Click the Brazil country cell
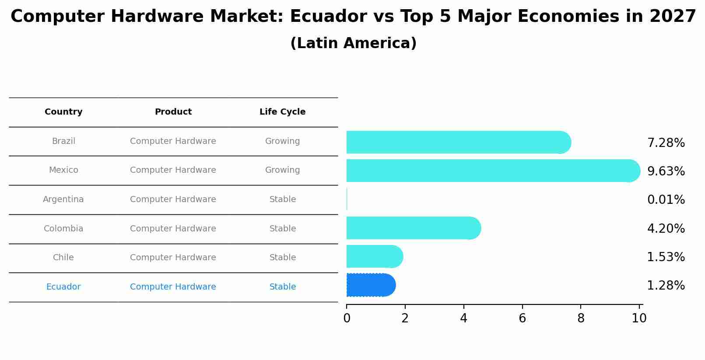pyautogui.click(x=63, y=141)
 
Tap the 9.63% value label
pyautogui.click(x=666, y=171)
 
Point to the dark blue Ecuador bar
pyautogui.click(x=370, y=285)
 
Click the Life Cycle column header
pyautogui.click(x=282, y=112)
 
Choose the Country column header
pyautogui.click(x=63, y=112)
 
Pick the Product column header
pyautogui.click(x=173, y=112)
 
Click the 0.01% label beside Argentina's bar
pyautogui.click(x=666, y=200)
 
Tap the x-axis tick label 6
pyautogui.click(x=522, y=318)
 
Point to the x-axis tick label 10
pyautogui.click(x=639, y=318)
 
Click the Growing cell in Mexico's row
pyautogui.click(x=282, y=170)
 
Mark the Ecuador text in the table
pyautogui.click(x=63, y=287)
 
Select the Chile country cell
pyautogui.click(x=63, y=258)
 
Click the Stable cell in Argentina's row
pyautogui.click(x=282, y=199)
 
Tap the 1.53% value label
pyautogui.click(x=666, y=257)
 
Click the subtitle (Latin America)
pyautogui.click(x=353, y=43)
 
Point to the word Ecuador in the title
pyautogui.click(x=328, y=17)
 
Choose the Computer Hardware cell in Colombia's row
pyautogui.click(x=173, y=229)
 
